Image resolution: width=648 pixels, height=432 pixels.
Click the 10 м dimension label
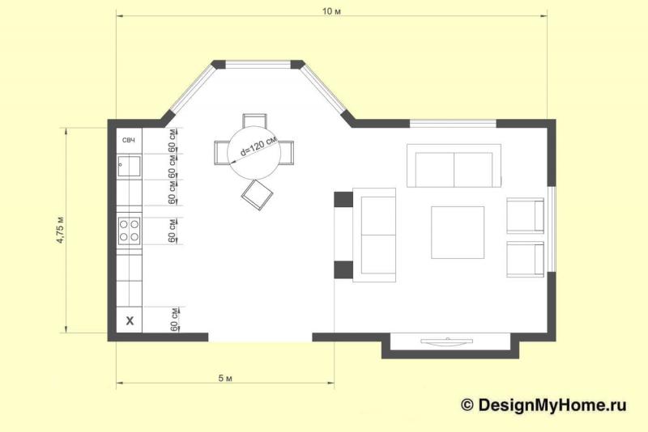click(x=331, y=11)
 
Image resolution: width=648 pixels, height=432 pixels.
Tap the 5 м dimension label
click(x=225, y=378)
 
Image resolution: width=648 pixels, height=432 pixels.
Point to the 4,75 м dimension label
click(x=60, y=230)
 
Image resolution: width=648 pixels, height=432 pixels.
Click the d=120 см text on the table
click(x=258, y=147)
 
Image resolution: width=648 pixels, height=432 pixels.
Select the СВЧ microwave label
click(x=129, y=140)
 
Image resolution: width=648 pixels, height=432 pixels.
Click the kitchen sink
click(x=129, y=167)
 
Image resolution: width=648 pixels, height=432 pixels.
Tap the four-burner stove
click(x=129, y=231)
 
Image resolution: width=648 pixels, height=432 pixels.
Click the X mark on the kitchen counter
click(x=130, y=320)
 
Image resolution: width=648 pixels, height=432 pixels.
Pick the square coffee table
click(x=458, y=232)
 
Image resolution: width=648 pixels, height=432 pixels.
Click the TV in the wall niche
click(x=447, y=341)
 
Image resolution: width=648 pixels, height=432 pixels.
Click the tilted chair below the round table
click(x=257, y=195)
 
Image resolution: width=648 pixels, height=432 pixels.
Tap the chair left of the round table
click(x=221, y=153)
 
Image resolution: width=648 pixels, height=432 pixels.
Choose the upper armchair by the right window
click(x=525, y=215)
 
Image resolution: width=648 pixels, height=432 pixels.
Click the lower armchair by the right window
click(x=525, y=259)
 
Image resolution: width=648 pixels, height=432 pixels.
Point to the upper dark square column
click(x=343, y=199)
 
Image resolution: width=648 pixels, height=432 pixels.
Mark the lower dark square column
click(x=343, y=270)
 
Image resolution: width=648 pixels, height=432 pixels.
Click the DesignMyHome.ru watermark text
click(x=552, y=404)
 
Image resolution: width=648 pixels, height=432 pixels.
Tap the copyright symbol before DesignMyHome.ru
click(x=467, y=404)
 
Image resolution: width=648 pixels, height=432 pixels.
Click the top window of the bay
click(x=258, y=65)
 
